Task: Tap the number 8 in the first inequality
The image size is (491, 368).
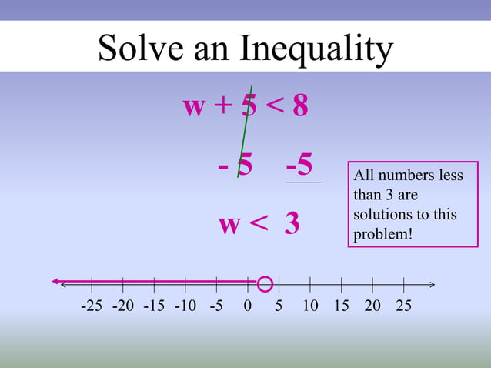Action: (x=300, y=107)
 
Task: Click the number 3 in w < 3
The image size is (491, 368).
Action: (x=292, y=224)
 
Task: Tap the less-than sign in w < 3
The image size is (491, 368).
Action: (x=259, y=224)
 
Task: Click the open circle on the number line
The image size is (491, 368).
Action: (x=265, y=284)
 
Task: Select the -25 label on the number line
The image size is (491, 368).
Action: (x=92, y=306)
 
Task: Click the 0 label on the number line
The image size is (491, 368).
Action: (x=247, y=306)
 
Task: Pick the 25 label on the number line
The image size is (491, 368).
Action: (x=403, y=306)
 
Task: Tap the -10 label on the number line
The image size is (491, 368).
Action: (x=185, y=306)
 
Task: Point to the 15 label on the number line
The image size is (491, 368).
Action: (x=341, y=306)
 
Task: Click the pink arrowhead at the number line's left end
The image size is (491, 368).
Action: (x=56, y=282)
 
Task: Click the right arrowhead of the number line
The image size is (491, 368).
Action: (x=432, y=284)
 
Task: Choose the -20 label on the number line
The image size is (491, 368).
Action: (x=122, y=306)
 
